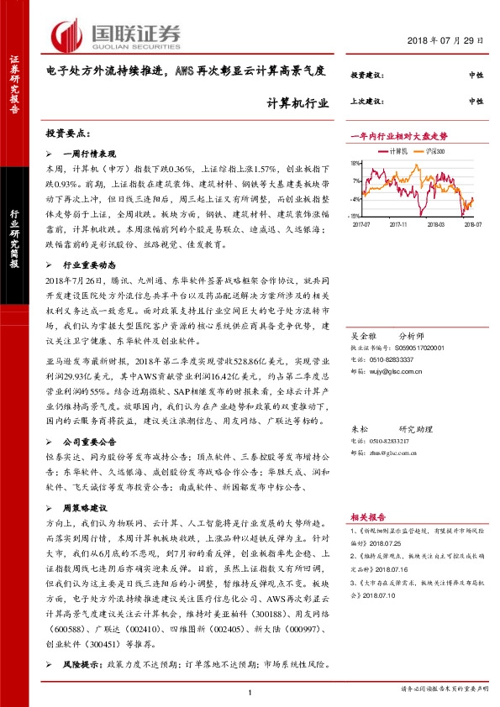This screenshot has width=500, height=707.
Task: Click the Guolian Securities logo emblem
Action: [x=67, y=34]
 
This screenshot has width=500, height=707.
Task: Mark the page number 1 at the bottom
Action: [x=250, y=691]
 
